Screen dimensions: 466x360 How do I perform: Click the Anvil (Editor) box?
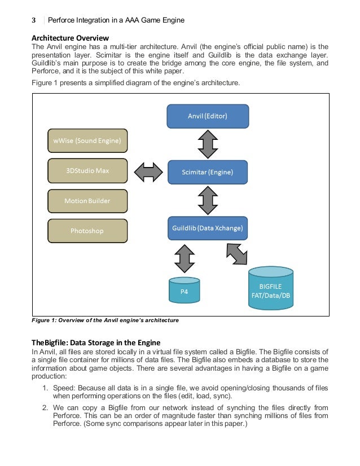[x=208, y=116]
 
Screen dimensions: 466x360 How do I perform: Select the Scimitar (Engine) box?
[x=208, y=172]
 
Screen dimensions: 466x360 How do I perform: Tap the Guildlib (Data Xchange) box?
[x=208, y=228]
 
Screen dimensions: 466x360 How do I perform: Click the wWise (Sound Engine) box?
[x=87, y=141]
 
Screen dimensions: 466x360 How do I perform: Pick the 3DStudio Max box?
[x=87, y=171]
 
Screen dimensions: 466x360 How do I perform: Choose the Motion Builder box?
[x=87, y=201]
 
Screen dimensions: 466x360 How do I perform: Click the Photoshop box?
[x=87, y=231]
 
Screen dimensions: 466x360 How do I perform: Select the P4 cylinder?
[x=185, y=290]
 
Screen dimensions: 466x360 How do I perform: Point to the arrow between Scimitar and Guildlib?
[x=208, y=200]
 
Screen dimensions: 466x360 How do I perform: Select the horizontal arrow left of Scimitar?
[x=148, y=172]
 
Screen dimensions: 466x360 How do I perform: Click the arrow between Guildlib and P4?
[x=185, y=258]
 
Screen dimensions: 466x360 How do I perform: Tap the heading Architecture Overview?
[x=69, y=38]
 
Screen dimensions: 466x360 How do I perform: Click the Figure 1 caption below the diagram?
[x=105, y=320]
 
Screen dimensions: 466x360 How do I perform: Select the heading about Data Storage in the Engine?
[x=96, y=342]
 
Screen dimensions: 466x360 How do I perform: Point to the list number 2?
[x=45, y=408]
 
